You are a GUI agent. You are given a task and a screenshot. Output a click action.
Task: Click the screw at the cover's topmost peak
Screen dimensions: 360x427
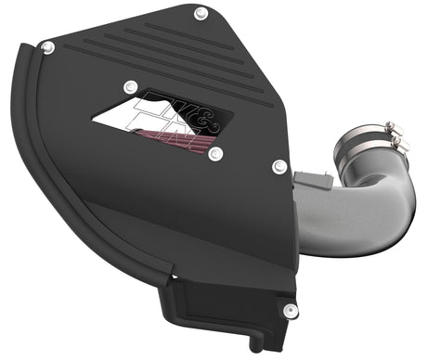click(x=200, y=13)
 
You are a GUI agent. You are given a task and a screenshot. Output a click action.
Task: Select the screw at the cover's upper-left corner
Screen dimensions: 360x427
click(x=48, y=46)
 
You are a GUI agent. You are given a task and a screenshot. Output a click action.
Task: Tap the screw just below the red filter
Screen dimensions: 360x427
click(x=214, y=154)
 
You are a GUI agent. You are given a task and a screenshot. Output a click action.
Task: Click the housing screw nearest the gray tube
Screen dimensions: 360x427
click(x=278, y=167)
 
